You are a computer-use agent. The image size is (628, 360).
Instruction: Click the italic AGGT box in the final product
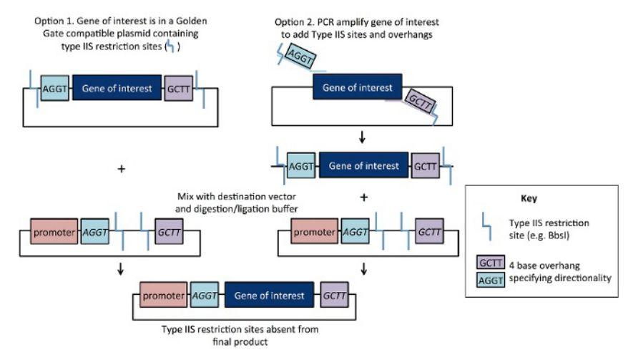pyautogui.click(x=205, y=296)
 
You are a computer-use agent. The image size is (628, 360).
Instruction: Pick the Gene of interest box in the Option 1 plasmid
pyautogui.click(x=117, y=89)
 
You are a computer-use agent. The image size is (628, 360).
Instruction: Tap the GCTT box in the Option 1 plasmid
pyautogui.click(x=179, y=89)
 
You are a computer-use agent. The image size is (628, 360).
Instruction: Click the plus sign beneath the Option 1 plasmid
pyautogui.click(x=121, y=170)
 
